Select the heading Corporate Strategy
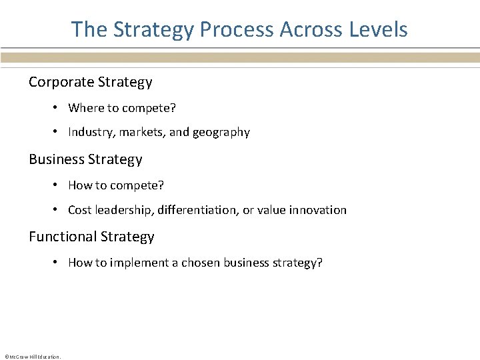click(90, 82)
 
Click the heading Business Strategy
click(85, 159)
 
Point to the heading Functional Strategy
click(91, 237)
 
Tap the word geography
click(221, 133)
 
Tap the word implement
click(139, 263)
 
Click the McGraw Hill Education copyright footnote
click(32, 356)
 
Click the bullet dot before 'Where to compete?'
click(58, 108)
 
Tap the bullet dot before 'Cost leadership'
click(58, 210)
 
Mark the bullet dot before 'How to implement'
click(58, 263)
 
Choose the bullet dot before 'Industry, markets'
click(58, 132)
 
